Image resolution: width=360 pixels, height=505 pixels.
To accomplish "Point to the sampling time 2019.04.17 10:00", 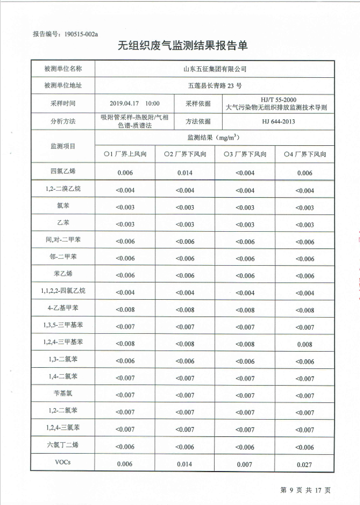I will click(x=134, y=103).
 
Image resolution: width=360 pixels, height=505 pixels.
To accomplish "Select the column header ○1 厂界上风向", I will click(x=125, y=154).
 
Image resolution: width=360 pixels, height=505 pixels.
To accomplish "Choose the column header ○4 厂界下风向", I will click(x=305, y=154).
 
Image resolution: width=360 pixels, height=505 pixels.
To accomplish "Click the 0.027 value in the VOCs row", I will click(x=305, y=464).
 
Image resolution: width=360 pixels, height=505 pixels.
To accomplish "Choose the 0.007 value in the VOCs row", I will click(x=245, y=464).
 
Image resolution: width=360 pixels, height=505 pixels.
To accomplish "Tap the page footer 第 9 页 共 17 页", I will click(x=305, y=490).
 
